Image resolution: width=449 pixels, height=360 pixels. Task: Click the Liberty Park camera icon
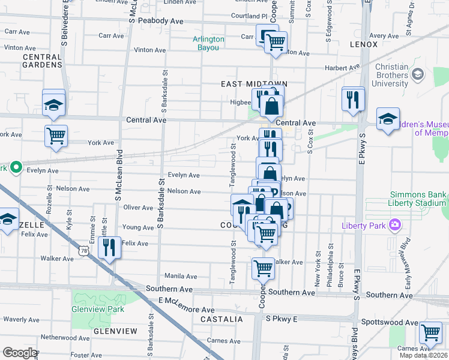(395, 225)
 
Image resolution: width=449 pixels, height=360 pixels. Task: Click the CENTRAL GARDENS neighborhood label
(42, 61)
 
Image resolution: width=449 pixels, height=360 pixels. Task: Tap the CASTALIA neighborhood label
(221, 319)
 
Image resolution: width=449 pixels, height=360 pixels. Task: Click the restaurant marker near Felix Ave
(109, 247)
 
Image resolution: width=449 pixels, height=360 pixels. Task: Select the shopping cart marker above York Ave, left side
(56, 135)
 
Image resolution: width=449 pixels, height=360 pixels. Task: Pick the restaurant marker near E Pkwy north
(353, 98)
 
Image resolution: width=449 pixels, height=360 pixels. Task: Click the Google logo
(20, 353)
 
